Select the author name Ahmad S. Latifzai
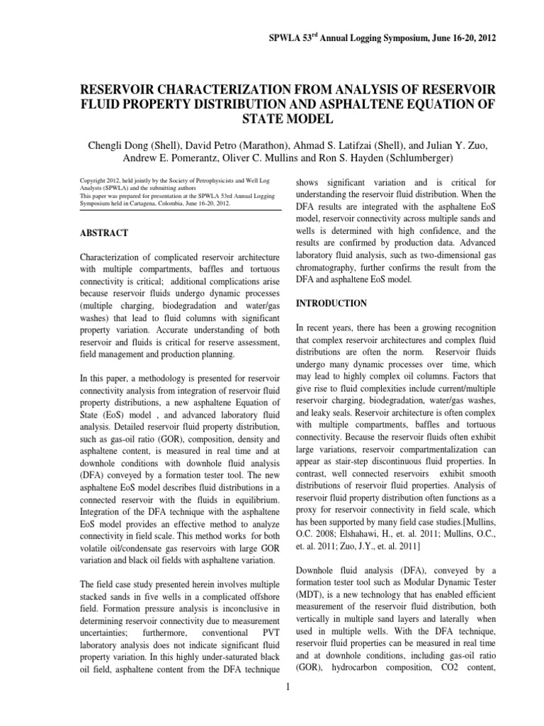point(305,145)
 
